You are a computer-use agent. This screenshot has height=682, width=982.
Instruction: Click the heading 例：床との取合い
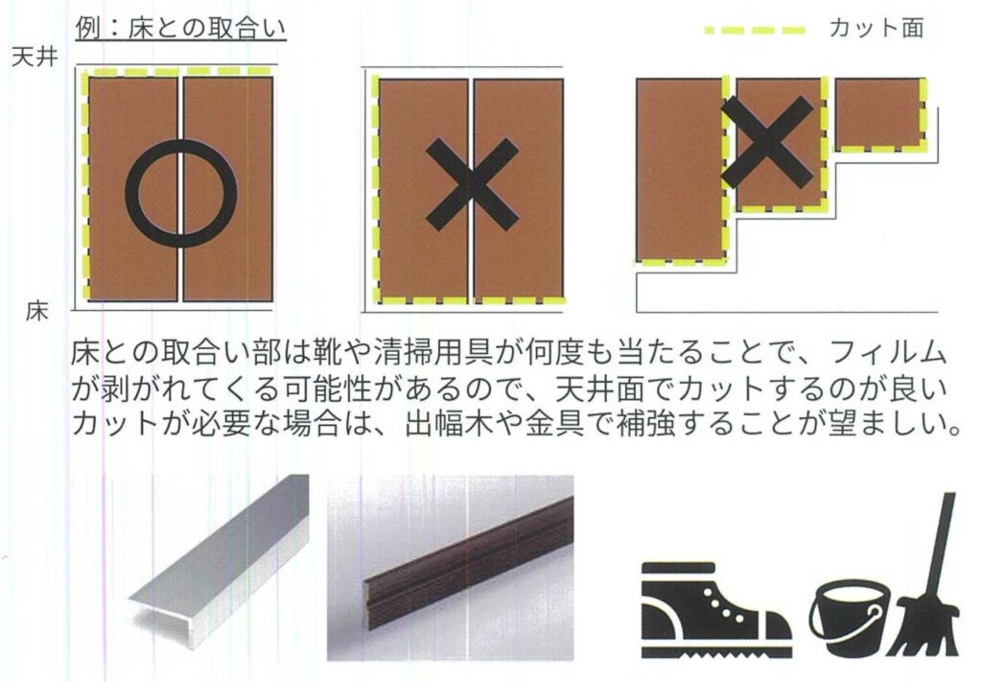180,28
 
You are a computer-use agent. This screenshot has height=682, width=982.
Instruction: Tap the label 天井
35,58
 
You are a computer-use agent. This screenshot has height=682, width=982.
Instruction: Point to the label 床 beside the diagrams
37,311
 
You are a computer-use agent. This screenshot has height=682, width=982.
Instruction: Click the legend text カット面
877,28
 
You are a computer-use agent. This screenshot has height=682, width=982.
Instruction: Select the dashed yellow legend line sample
755,30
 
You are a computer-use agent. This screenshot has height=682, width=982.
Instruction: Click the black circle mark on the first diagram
181,194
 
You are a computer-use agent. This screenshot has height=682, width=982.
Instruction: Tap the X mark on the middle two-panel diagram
472,184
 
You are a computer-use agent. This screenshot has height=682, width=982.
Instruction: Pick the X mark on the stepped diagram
767,142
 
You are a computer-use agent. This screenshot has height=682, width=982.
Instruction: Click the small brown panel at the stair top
879,113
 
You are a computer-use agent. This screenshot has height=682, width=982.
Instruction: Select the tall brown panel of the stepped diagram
680,169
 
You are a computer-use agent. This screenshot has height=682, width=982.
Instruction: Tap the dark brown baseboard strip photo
451,568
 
